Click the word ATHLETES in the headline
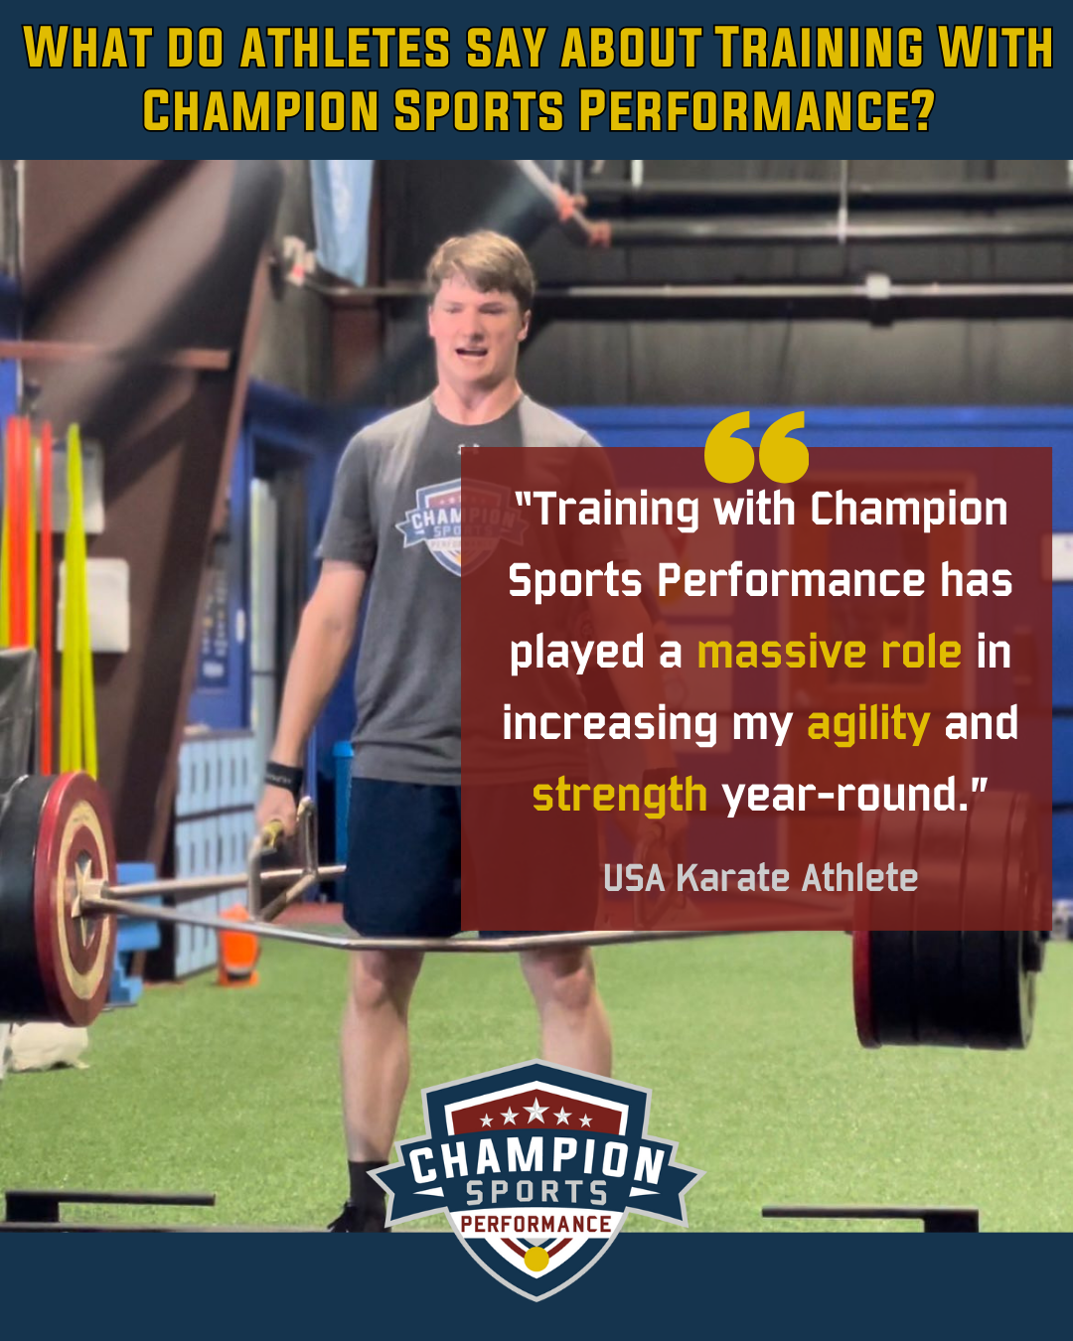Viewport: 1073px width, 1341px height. (x=345, y=48)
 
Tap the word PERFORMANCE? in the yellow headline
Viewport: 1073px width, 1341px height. (x=756, y=110)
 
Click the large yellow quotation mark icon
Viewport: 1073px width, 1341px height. (x=756, y=447)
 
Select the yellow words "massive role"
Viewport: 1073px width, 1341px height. (x=830, y=653)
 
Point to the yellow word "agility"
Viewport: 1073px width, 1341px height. (x=868, y=725)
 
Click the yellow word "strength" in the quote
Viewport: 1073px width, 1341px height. (x=620, y=796)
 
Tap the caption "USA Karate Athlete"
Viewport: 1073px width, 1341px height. (x=761, y=878)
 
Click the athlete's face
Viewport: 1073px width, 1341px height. (x=477, y=330)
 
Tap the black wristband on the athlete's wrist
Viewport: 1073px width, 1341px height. (x=284, y=777)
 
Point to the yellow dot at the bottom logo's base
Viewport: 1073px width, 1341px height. (x=536, y=1259)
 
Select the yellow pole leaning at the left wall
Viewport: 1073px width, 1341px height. (x=77, y=598)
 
